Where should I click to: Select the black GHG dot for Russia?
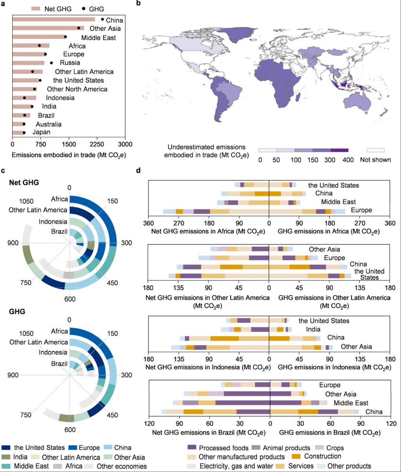pyautogui.click(x=51, y=63)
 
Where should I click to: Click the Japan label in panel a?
pyautogui.click(x=41, y=132)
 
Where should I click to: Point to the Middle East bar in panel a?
pyautogui.click(x=39, y=37)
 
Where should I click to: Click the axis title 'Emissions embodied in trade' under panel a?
pyautogui.click(x=69, y=155)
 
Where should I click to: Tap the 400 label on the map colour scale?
pyautogui.click(x=348, y=160)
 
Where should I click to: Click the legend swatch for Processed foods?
pyautogui.click(x=191, y=448)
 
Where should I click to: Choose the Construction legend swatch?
pyautogui.click(x=296, y=457)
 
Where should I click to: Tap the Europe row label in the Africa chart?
pyautogui.click(x=361, y=211)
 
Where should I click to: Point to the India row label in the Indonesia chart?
pyautogui.click(x=312, y=329)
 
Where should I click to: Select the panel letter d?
pyautogui.click(x=138, y=171)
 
